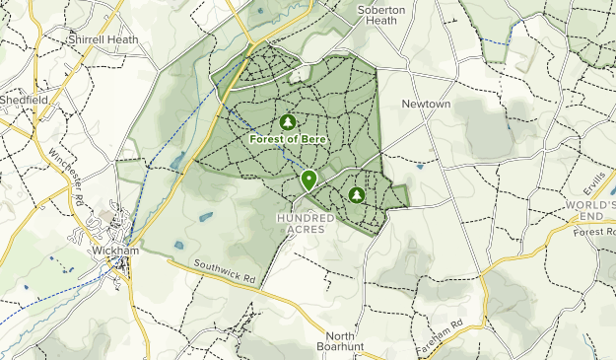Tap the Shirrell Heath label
coord(102,39)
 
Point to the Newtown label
coord(426,104)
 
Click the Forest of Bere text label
coord(289,139)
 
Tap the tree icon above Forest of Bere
coord(288,122)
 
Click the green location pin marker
coord(309,180)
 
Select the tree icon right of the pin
coord(356,195)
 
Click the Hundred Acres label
coord(308,223)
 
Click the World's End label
coord(590,209)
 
